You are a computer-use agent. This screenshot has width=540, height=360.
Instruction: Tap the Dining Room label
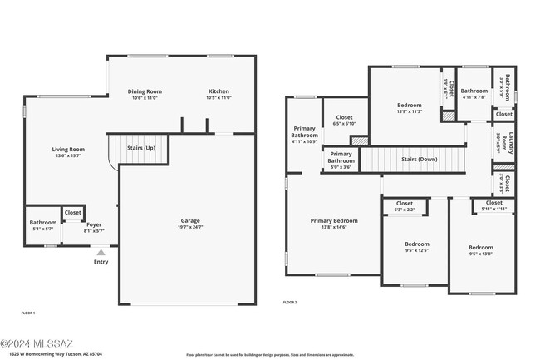click(x=145, y=91)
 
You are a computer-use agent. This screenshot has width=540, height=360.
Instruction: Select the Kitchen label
click(x=218, y=91)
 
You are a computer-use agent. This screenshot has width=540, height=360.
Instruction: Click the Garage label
click(x=190, y=221)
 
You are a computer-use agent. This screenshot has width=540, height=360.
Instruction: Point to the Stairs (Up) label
click(x=140, y=148)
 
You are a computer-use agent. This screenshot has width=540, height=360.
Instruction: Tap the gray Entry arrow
click(x=101, y=252)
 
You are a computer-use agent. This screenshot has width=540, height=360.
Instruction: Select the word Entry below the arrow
click(x=101, y=262)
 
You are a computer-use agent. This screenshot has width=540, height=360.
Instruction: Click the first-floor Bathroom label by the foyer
click(x=42, y=223)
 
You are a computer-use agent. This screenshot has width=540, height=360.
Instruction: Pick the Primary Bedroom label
click(x=334, y=221)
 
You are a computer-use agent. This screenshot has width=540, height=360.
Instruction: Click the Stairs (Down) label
click(x=419, y=159)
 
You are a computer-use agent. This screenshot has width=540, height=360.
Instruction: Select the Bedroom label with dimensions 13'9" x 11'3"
click(x=409, y=106)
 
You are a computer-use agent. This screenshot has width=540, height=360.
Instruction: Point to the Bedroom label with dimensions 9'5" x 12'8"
click(x=480, y=248)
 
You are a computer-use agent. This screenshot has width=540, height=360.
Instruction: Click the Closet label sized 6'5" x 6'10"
click(x=340, y=117)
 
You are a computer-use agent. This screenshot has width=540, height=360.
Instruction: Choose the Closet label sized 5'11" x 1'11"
click(x=493, y=203)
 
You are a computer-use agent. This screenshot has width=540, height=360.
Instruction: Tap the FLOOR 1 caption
click(x=27, y=313)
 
